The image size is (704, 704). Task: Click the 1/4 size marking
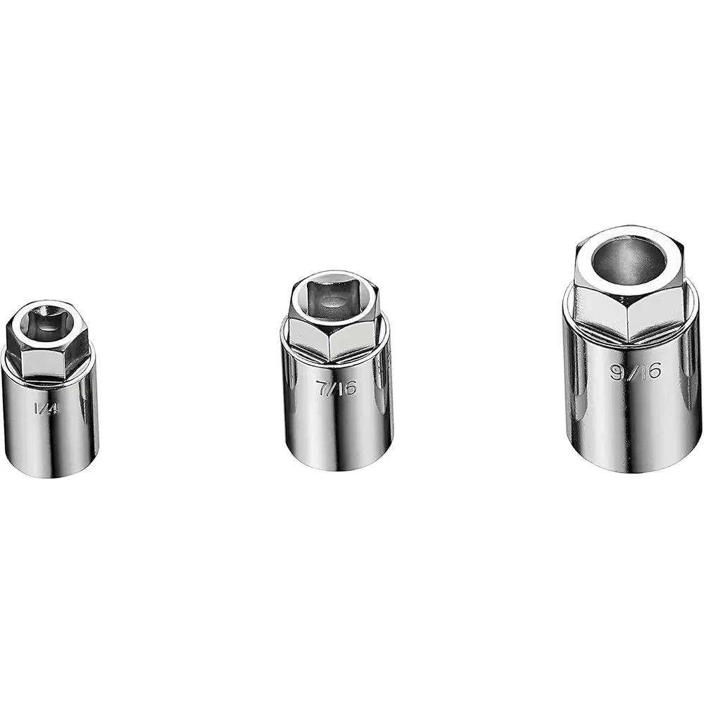click(x=45, y=408)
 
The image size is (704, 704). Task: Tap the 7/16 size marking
click(x=337, y=388)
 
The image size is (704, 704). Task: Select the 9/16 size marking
click(x=635, y=371)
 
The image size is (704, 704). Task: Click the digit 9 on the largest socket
click(x=617, y=372)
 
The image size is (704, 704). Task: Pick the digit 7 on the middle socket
click(x=324, y=388)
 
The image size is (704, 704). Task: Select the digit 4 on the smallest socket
click(x=52, y=408)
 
